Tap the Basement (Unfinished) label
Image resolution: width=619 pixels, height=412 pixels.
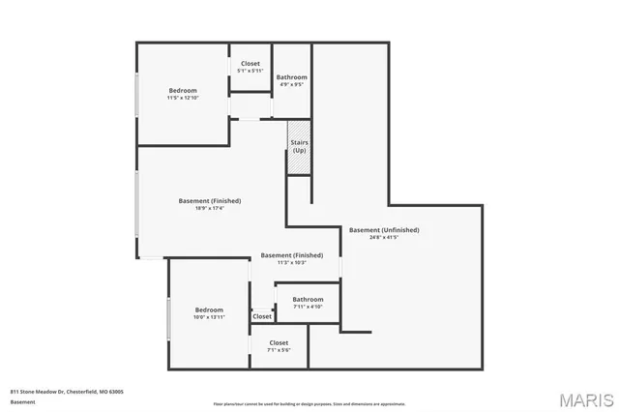384,230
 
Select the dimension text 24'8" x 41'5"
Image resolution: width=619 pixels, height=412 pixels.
384,237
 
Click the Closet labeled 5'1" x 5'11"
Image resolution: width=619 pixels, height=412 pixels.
251,67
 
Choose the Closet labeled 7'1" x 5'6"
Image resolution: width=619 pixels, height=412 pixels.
279,346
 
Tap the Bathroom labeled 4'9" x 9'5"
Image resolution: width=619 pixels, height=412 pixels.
291,80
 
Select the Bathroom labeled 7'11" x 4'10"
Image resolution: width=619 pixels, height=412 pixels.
308,303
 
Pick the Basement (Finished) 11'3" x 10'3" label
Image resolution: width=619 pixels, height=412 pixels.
292,258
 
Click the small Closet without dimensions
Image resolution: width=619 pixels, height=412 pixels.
262,316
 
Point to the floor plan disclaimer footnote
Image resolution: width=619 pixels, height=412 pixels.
309,403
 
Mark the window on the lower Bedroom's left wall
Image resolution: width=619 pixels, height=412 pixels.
169,318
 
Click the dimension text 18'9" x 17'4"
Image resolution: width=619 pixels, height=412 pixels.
210,208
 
